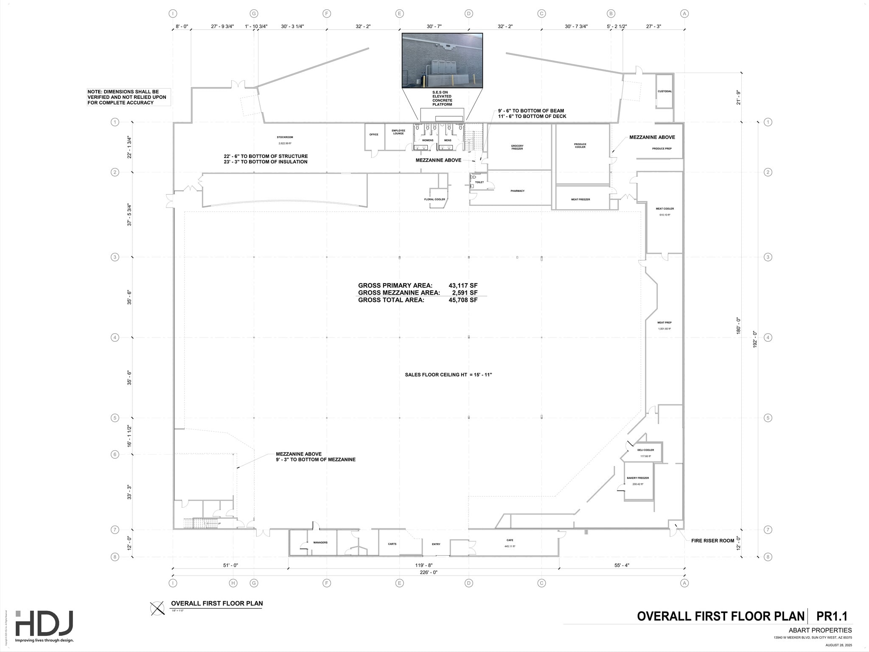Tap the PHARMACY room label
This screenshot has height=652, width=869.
517,191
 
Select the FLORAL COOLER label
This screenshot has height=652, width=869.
434,200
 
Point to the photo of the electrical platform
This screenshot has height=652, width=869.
442,60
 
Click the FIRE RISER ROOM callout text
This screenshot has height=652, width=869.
712,541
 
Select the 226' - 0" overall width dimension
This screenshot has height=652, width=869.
429,572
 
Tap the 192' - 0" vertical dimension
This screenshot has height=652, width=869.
755,340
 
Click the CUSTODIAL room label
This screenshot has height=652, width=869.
664,91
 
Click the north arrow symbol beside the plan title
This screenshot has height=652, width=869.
157,608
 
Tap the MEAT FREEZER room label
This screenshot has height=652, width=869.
580,200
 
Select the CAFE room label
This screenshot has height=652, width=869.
510,540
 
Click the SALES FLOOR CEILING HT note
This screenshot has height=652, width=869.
448,375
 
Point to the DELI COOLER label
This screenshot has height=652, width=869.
645,450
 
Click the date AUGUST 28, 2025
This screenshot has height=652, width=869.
838,645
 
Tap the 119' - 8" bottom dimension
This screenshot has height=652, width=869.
424,565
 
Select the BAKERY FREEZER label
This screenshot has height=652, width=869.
638,478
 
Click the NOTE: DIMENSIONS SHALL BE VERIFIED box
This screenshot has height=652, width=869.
129,97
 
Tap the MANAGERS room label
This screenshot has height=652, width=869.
320,542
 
